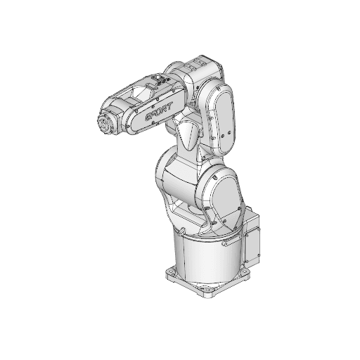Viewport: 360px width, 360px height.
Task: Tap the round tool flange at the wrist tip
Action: pyautogui.click(x=106, y=124)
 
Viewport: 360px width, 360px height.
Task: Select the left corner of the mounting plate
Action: pyautogui.click(x=169, y=271)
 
